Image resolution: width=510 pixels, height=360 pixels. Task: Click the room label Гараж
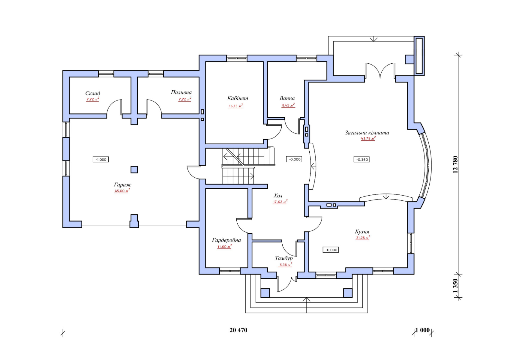122,185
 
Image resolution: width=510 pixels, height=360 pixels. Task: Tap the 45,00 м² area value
122,190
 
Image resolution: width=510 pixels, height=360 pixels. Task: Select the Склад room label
93,93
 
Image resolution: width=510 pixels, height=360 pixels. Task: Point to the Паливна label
181,92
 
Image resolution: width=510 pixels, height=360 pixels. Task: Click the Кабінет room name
238,98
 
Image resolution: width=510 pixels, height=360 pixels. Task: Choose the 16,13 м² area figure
235,106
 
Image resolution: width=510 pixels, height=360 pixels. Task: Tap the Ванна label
287,98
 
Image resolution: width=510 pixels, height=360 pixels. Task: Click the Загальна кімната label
367,133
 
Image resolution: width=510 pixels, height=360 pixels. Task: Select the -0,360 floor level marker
361,159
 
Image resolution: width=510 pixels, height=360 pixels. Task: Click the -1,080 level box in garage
101,159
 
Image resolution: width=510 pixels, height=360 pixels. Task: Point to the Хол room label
278,196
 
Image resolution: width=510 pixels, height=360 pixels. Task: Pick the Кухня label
362,232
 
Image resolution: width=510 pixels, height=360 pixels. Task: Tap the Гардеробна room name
226,240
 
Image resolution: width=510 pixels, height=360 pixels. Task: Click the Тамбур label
284,258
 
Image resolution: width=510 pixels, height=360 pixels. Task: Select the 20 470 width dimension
238,330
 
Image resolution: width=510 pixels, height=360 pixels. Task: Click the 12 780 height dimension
455,164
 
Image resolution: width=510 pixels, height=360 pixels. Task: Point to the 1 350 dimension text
455,286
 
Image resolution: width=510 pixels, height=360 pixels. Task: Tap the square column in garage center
134,169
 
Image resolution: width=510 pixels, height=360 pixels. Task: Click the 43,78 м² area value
368,138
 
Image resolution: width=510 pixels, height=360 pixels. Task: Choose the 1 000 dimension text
423,330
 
